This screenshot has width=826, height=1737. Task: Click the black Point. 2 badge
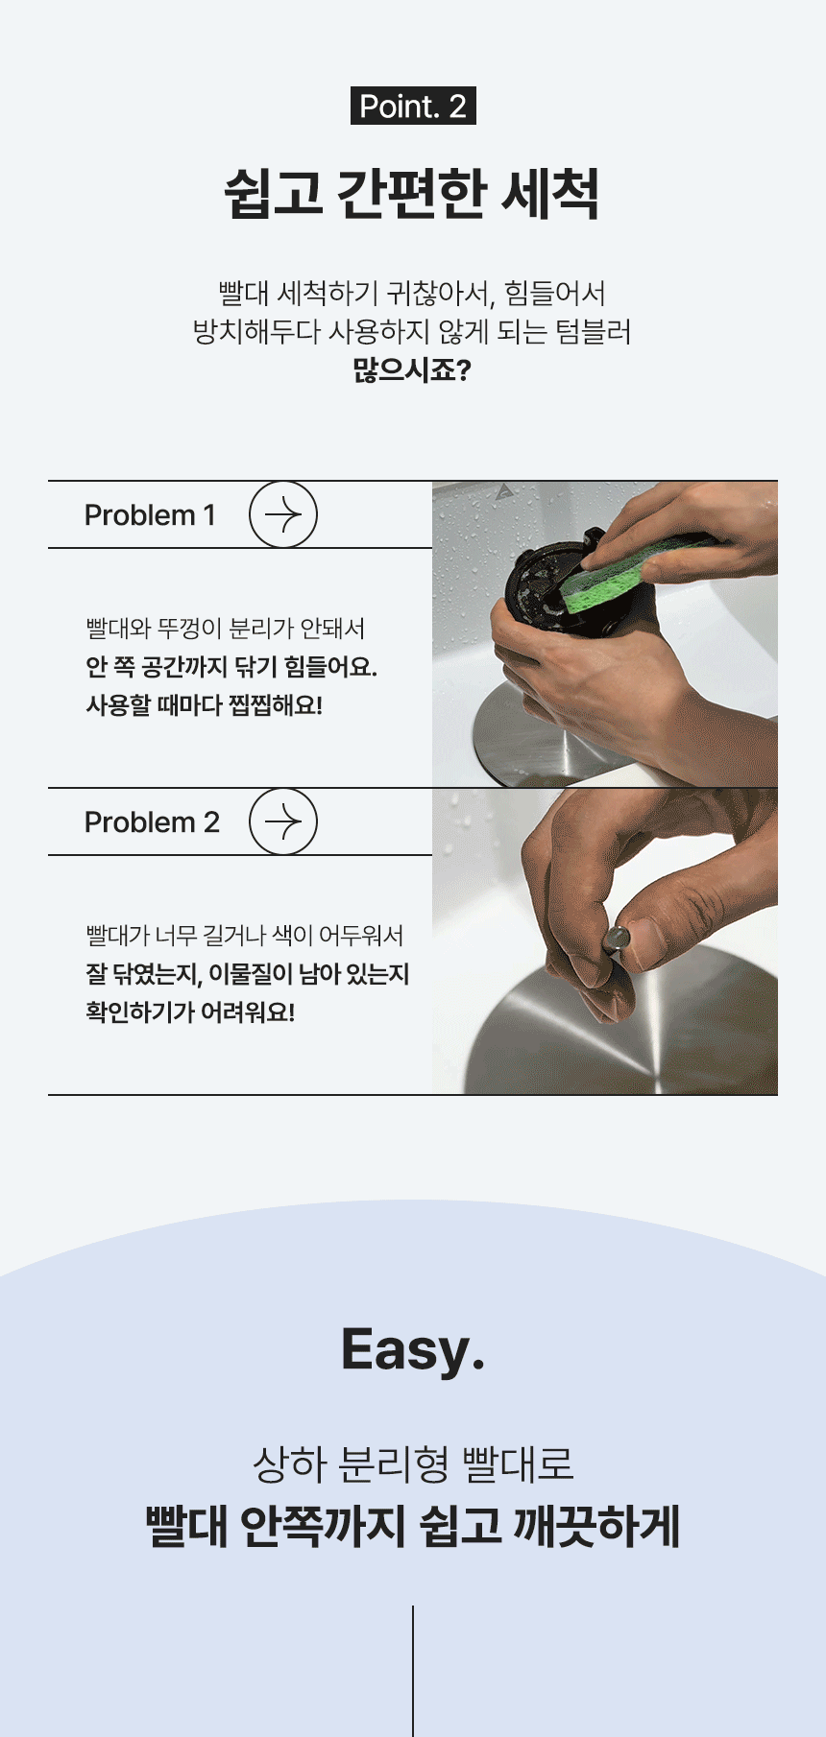coord(413,106)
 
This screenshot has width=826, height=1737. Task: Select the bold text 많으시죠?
coord(412,369)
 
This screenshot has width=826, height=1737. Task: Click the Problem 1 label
coord(150,515)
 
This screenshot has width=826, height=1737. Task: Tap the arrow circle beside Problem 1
coord(283,514)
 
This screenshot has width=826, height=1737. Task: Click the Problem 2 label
coord(152,822)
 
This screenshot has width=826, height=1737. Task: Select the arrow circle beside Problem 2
coord(283,821)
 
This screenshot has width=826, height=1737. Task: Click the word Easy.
coord(413,1349)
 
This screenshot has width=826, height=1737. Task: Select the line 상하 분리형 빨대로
coord(413,1463)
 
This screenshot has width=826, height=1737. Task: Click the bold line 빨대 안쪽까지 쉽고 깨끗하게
coord(413,1526)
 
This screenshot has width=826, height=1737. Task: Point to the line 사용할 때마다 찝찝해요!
coord(205,705)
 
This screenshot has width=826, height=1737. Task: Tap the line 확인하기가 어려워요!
coord(190,1012)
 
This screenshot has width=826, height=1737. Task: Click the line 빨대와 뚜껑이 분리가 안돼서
coord(226,629)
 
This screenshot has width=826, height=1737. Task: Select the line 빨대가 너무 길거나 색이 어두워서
coord(245,936)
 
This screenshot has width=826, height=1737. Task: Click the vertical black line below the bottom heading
coord(413,1671)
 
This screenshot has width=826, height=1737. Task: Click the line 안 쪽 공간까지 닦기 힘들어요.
coord(231,667)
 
